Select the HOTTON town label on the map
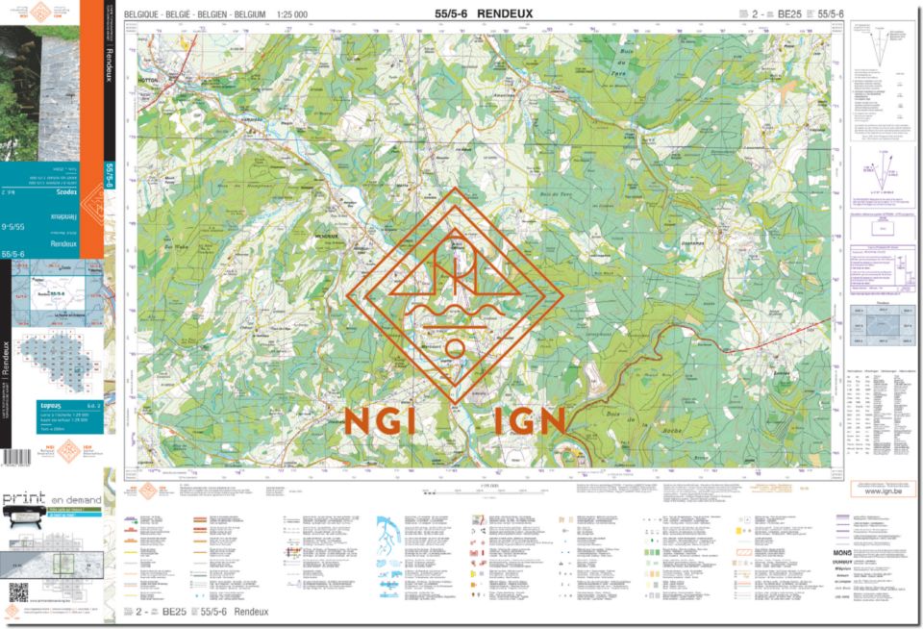click(147, 81)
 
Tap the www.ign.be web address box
click(874, 491)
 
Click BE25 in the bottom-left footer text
click(173, 612)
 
